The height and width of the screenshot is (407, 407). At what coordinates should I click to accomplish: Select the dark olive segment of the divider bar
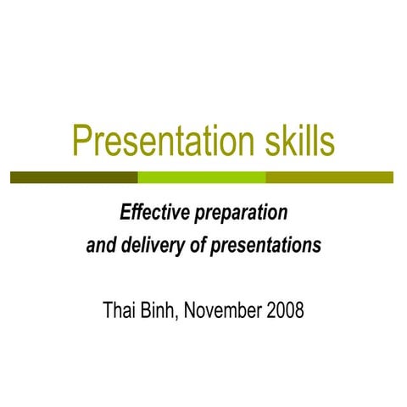click(74, 177)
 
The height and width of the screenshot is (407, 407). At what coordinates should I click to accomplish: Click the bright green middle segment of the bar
click(202, 177)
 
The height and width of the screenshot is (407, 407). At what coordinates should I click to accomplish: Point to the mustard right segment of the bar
click(330, 177)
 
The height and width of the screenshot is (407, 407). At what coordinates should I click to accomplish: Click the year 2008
click(284, 309)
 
